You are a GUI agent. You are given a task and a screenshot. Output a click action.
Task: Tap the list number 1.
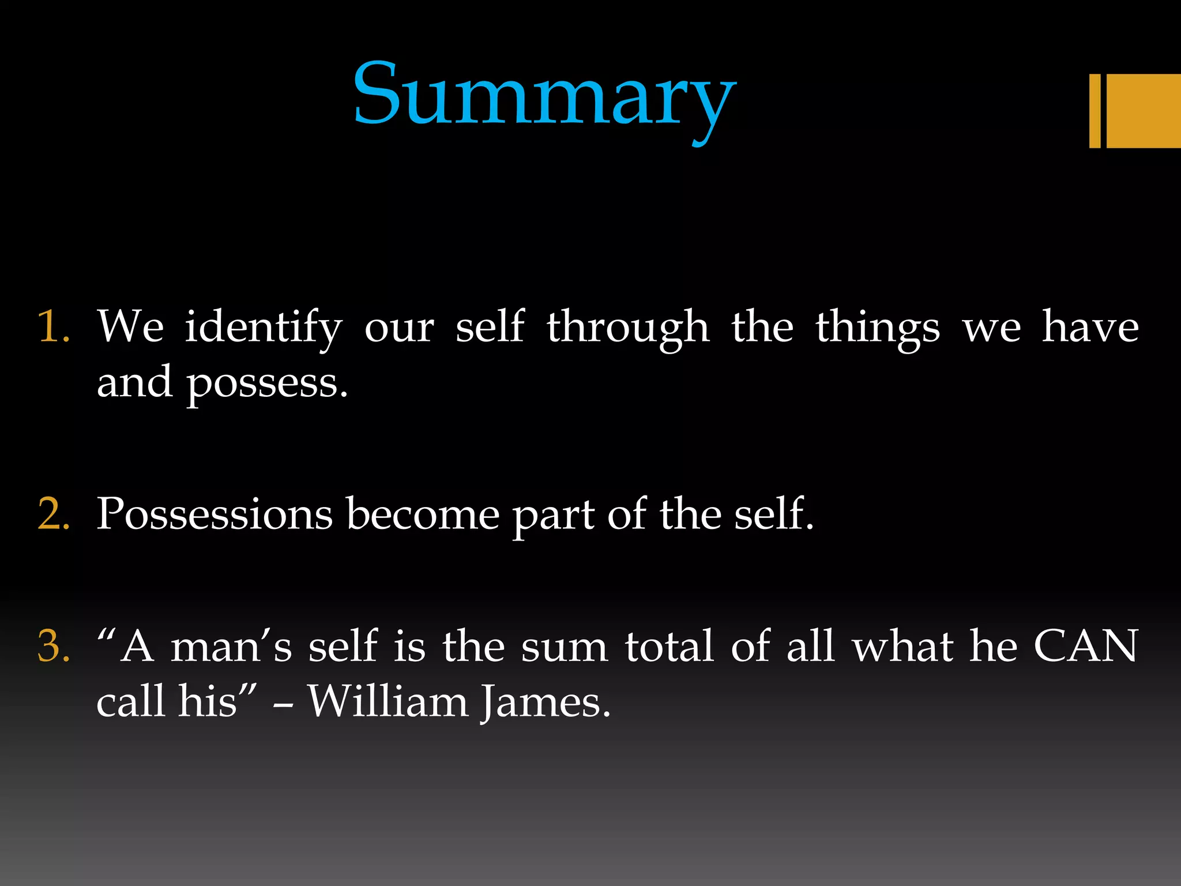pos(53,326)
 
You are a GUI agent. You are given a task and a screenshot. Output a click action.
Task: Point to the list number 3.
pos(54,646)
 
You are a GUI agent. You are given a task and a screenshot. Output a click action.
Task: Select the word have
pos(1090,326)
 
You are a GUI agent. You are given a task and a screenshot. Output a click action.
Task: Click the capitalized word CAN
pos(1085,646)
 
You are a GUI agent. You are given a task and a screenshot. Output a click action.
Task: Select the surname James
pos(545,703)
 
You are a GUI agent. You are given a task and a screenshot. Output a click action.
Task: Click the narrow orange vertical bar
pos(1095,111)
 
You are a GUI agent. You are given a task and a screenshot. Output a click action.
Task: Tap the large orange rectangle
pos(1144,111)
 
